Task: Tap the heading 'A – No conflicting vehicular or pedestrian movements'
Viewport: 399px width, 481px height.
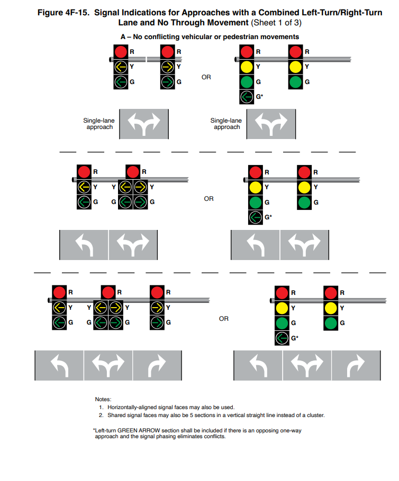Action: click(x=210, y=37)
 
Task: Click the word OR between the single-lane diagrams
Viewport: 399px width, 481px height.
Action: click(x=206, y=77)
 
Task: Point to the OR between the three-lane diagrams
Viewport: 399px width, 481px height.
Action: click(x=224, y=319)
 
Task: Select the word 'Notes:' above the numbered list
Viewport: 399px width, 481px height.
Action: click(x=103, y=399)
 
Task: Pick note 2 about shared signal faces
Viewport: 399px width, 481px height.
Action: click(x=215, y=415)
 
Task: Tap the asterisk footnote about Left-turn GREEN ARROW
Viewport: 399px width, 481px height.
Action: click(x=197, y=433)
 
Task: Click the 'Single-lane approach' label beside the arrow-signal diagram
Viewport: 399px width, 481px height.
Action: click(x=99, y=124)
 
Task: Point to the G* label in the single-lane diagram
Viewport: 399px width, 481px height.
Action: click(x=260, y=97)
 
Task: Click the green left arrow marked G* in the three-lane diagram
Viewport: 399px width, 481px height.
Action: click(x=282, y=338)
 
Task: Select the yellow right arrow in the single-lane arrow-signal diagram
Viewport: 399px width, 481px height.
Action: click(x=168, y=67)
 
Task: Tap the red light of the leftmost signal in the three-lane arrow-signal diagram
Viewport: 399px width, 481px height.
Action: click(x=59, y=292)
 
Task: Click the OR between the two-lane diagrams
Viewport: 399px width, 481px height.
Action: click(x=208, y=199)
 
